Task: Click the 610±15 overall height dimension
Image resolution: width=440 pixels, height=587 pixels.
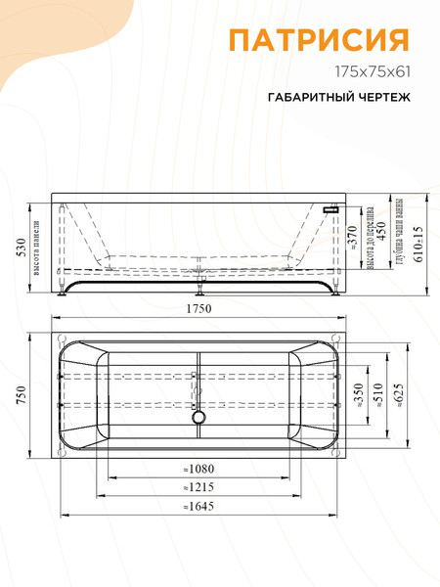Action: pyautogui.click(x=417, y=245)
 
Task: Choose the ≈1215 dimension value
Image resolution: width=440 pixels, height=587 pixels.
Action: pyautogui.click(x=198, y=486)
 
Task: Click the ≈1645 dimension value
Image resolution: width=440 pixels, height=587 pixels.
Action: pyautogui.click(x=198, y=506)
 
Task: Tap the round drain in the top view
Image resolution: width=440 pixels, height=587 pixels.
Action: pyautogui.click(x=199, y=418)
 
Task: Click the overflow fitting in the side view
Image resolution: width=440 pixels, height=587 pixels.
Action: pyautogui.click(x=331, y=207)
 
